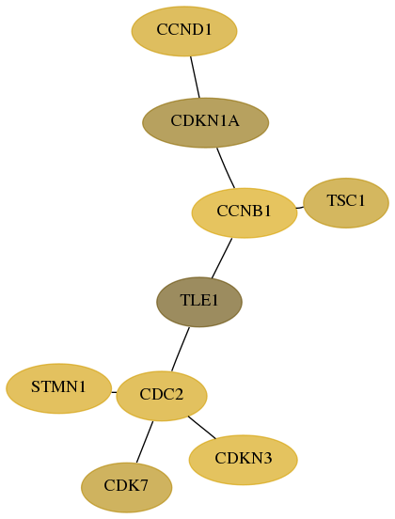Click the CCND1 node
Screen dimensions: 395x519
pyautogui.click(x=184, y=31)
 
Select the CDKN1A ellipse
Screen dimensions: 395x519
pyautogui.click(x=205, y=123)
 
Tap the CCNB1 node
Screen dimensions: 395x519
pyautogui.click(x=245, y=213)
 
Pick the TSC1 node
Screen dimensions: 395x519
pyautogui.click(x=346, y=203)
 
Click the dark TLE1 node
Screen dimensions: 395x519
pyautogui.click(x=199, y=302)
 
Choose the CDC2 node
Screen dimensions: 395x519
pyautogui.click(x=162, y=396)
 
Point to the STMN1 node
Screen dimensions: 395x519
pyautogui.click(x=58, y=388)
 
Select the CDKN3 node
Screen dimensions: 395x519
pyautogui.click(x=243, y=460)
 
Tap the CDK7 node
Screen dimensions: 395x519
pyautogui.click(x=126, y=488)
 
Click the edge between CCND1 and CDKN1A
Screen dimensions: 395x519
pyautogui.click(x=195, y=77)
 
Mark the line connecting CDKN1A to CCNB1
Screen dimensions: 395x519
pyautogui.click(x=226, y=167)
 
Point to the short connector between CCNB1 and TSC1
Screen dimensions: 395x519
pyautogui.click(x=300, y=208)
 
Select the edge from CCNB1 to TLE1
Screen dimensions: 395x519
pyautogui.click(x=222, y=259)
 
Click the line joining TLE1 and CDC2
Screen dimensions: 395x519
pyautogui.click(x=181, y=349)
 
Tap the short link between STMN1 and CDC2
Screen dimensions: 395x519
pyautogui.click(x=114, y=393)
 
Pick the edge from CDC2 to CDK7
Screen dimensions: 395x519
pyautogui.click(x=145, y=442)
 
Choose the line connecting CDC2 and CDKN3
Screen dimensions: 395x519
pyautogui.click(x=201, y=427)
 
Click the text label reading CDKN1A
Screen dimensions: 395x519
pyautogui.click(x=205, y=121)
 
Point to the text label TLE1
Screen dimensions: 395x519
pyautogui.click(x=199, y=300)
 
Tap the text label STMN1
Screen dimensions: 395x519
pyautogui.click(x=58, y=387)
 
